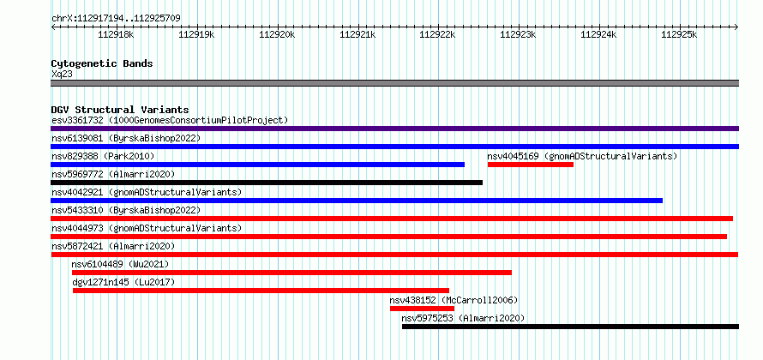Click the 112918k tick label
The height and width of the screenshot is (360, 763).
pos(117,34)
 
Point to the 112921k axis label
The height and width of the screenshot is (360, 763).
pos(357,34)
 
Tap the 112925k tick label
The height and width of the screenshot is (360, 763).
pos(679,34)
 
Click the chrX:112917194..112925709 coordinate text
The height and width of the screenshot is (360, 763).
pos(117,19)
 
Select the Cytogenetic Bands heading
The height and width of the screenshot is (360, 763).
pos(102,63)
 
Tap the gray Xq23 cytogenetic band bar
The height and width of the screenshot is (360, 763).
pos(394,83)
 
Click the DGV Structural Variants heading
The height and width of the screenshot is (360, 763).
pos(120,110)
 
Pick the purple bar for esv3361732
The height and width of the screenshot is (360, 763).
pos(394,129)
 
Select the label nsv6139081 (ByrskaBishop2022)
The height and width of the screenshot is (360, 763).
pos(126,138)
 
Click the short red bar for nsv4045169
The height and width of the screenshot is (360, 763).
pos(531,165)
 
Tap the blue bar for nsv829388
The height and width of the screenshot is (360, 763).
pos(257,165)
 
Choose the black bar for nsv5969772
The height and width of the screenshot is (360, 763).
pos(267,183)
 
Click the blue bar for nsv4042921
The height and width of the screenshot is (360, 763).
pos(357,201)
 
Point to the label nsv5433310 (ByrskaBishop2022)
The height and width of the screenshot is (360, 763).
pos(126,210)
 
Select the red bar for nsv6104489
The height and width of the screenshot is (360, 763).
pos(292,273)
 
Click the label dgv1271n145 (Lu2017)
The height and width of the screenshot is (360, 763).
pos(123,282)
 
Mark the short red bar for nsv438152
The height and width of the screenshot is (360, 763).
pos(422,309)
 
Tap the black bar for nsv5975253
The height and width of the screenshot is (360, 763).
pos(570,327)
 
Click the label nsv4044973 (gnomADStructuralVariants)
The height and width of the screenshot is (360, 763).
pos(147,228)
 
